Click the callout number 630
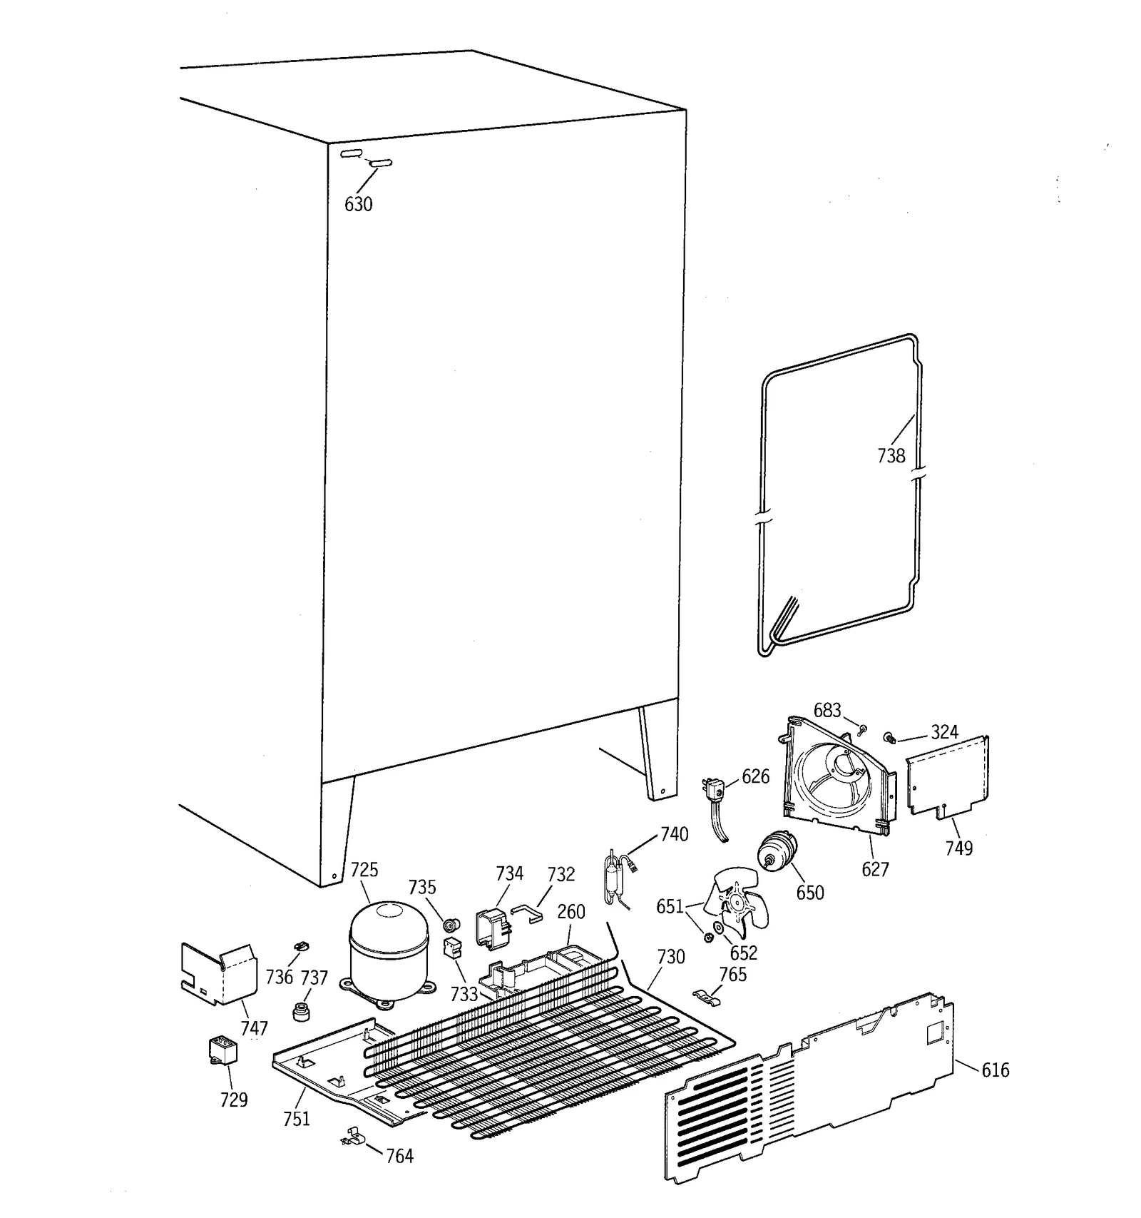358,205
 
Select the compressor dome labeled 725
389,941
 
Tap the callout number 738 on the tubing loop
891,455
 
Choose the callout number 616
996,1070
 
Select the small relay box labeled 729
222,1051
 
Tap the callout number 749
959,848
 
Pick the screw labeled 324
889,737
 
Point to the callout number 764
399,1156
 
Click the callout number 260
571,912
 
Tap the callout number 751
297,1119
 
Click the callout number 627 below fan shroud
875,869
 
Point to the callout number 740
674,834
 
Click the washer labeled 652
718,928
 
